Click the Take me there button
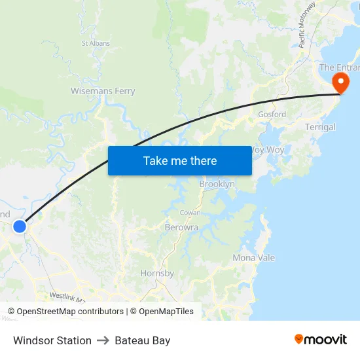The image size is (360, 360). (180, 160)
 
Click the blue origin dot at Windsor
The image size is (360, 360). (20, 226)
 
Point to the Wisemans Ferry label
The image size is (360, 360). (103, 91)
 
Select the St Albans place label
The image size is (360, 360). (96, 44)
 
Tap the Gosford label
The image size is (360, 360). (272, 114)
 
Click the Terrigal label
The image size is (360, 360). (320, 127)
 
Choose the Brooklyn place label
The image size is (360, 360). (217, 185)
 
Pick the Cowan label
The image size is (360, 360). (190, 213)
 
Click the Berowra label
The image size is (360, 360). (181, 228)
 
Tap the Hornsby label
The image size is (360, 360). (157, 273)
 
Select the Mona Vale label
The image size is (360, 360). (254, 258)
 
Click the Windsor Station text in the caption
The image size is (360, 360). (52, 340)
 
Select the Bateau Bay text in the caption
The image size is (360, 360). (142, 340)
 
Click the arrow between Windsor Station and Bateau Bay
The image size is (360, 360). (103, 340)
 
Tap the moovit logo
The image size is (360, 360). (321, 339)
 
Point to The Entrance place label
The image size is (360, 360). (336, 67)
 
